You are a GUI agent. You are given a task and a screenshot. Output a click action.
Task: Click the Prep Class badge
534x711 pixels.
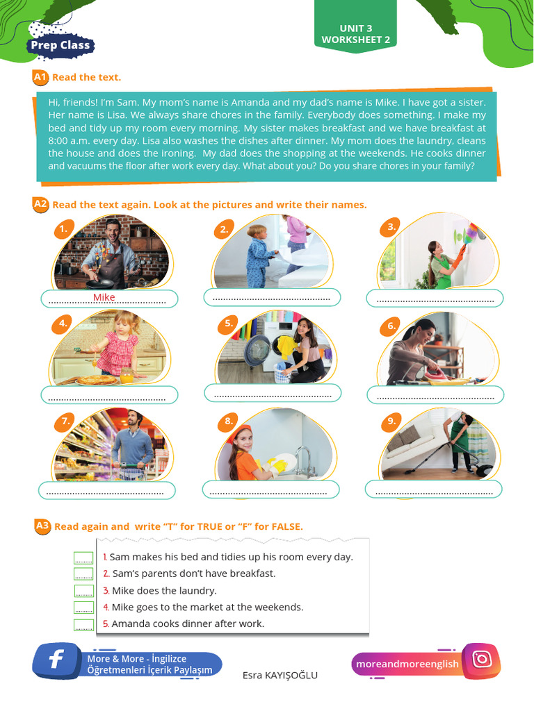(60, 46)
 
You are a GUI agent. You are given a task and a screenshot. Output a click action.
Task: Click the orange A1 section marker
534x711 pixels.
(40, 77)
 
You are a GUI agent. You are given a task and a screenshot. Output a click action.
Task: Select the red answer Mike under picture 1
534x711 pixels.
(104, 298)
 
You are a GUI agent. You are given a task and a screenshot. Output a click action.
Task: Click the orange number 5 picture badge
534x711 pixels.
(228, 324)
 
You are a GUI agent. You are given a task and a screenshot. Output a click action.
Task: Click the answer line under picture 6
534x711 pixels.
(435, 396)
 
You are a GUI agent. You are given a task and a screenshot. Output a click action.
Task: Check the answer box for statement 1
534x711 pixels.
(83, 558)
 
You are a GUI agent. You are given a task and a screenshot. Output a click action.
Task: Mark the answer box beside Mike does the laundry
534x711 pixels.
(83, 591)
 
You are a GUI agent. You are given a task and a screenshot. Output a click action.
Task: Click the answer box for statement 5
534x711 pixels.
(83, 624)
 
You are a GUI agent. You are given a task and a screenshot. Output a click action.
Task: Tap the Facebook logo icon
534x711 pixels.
(56, 660)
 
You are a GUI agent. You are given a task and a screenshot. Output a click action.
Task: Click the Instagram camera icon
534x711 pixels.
(482, 660)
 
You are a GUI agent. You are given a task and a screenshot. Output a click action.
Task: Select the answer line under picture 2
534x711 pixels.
(272, 298)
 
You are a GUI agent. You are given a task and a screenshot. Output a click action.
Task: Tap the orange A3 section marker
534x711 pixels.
(42, 526)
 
